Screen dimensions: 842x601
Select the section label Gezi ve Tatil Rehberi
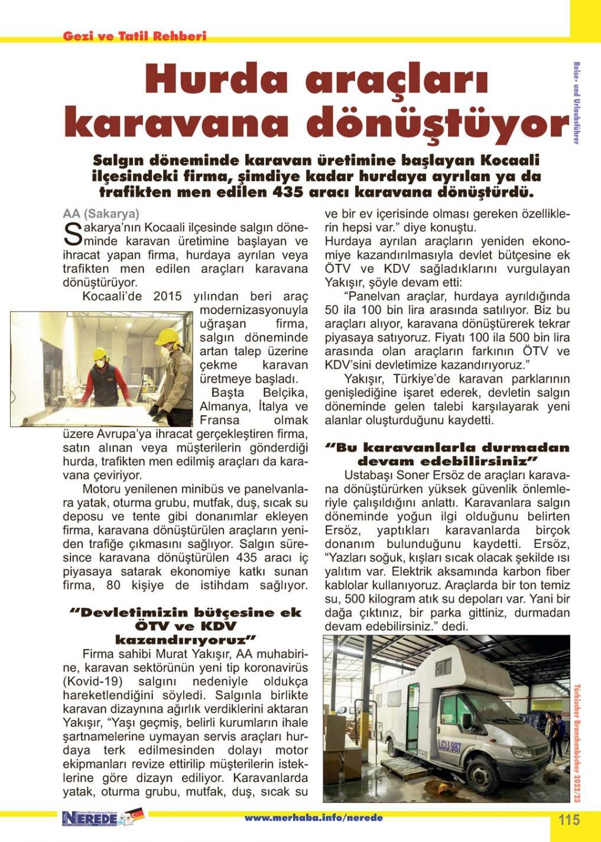pos(135,36)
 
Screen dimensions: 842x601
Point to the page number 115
pos(569,820)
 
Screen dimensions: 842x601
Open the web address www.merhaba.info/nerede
pos(313,818)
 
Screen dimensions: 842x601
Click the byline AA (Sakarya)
pos(101,214)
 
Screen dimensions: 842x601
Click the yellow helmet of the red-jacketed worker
pos(99,354)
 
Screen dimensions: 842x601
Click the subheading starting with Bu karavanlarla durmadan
pos(447,454)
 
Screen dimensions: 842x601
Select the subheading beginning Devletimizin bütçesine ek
pos(186,626)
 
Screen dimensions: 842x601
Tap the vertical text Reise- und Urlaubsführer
pos(576,103)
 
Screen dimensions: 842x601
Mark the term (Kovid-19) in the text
pos(91,681)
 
